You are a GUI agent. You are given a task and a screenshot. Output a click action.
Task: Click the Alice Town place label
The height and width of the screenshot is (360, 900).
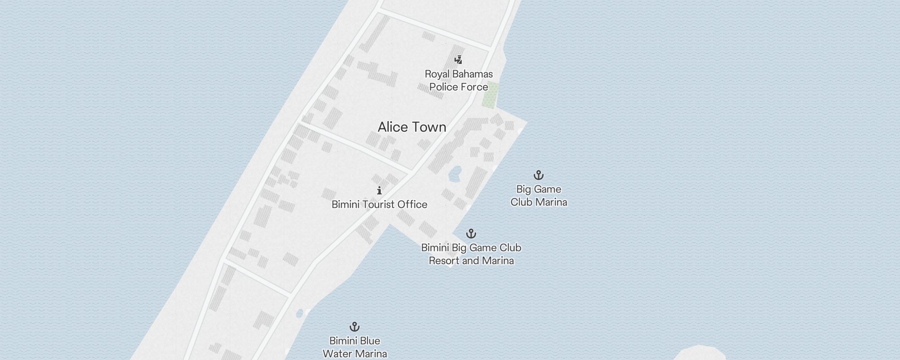[x=412, y=127]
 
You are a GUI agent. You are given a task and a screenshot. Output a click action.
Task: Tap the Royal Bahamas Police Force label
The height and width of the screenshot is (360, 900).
[x=459, y=81]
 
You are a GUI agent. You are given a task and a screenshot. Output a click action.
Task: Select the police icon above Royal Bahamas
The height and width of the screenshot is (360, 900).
[x=458, y=60]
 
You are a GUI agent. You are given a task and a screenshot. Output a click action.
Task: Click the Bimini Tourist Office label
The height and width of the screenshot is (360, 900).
[x=379, y=205]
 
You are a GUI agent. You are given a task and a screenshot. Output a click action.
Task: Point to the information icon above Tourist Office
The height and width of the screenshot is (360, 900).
[x=379, y=190]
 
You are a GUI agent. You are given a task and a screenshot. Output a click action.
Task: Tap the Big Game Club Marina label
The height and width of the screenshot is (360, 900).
[x=539, y=196]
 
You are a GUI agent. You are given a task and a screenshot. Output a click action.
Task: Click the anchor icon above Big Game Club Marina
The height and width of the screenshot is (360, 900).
[x=539, y=175]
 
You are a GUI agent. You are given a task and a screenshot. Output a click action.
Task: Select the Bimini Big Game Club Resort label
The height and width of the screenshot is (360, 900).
[x=471, y=254]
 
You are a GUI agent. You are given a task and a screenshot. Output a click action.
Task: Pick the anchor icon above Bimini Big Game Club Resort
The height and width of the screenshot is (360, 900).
[x=471, y=234]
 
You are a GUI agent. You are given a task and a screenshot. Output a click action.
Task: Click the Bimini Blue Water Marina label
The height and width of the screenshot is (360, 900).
[x=355, y=347]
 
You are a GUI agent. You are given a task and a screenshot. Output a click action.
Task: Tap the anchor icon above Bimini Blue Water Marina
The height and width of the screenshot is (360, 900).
[x=355, y=327]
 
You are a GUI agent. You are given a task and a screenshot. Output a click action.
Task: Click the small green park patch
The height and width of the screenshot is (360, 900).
[x=490, y=95]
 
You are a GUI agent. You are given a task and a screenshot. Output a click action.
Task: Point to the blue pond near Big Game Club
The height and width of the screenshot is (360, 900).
[x=454, y=174]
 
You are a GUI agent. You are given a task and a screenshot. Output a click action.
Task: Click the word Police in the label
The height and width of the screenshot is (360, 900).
[x=444, y=87]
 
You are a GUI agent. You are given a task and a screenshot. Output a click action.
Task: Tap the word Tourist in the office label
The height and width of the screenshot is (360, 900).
[x=379, y=205]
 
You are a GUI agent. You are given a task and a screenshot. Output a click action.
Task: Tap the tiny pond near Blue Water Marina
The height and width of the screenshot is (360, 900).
[x=300, y=314]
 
